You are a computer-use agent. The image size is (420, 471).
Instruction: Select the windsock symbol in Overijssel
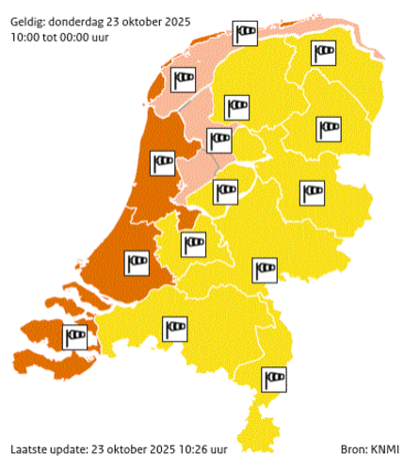313,192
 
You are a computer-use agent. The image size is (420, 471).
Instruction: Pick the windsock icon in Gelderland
265,269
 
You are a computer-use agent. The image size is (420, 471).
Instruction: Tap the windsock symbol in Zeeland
73,333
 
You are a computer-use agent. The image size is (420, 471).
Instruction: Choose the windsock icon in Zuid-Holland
138,258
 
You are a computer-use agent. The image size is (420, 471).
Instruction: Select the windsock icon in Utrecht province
194,243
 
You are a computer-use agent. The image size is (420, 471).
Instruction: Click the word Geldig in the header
27,9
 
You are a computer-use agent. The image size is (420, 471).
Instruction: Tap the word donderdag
80,9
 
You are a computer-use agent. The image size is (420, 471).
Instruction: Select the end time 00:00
89,25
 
